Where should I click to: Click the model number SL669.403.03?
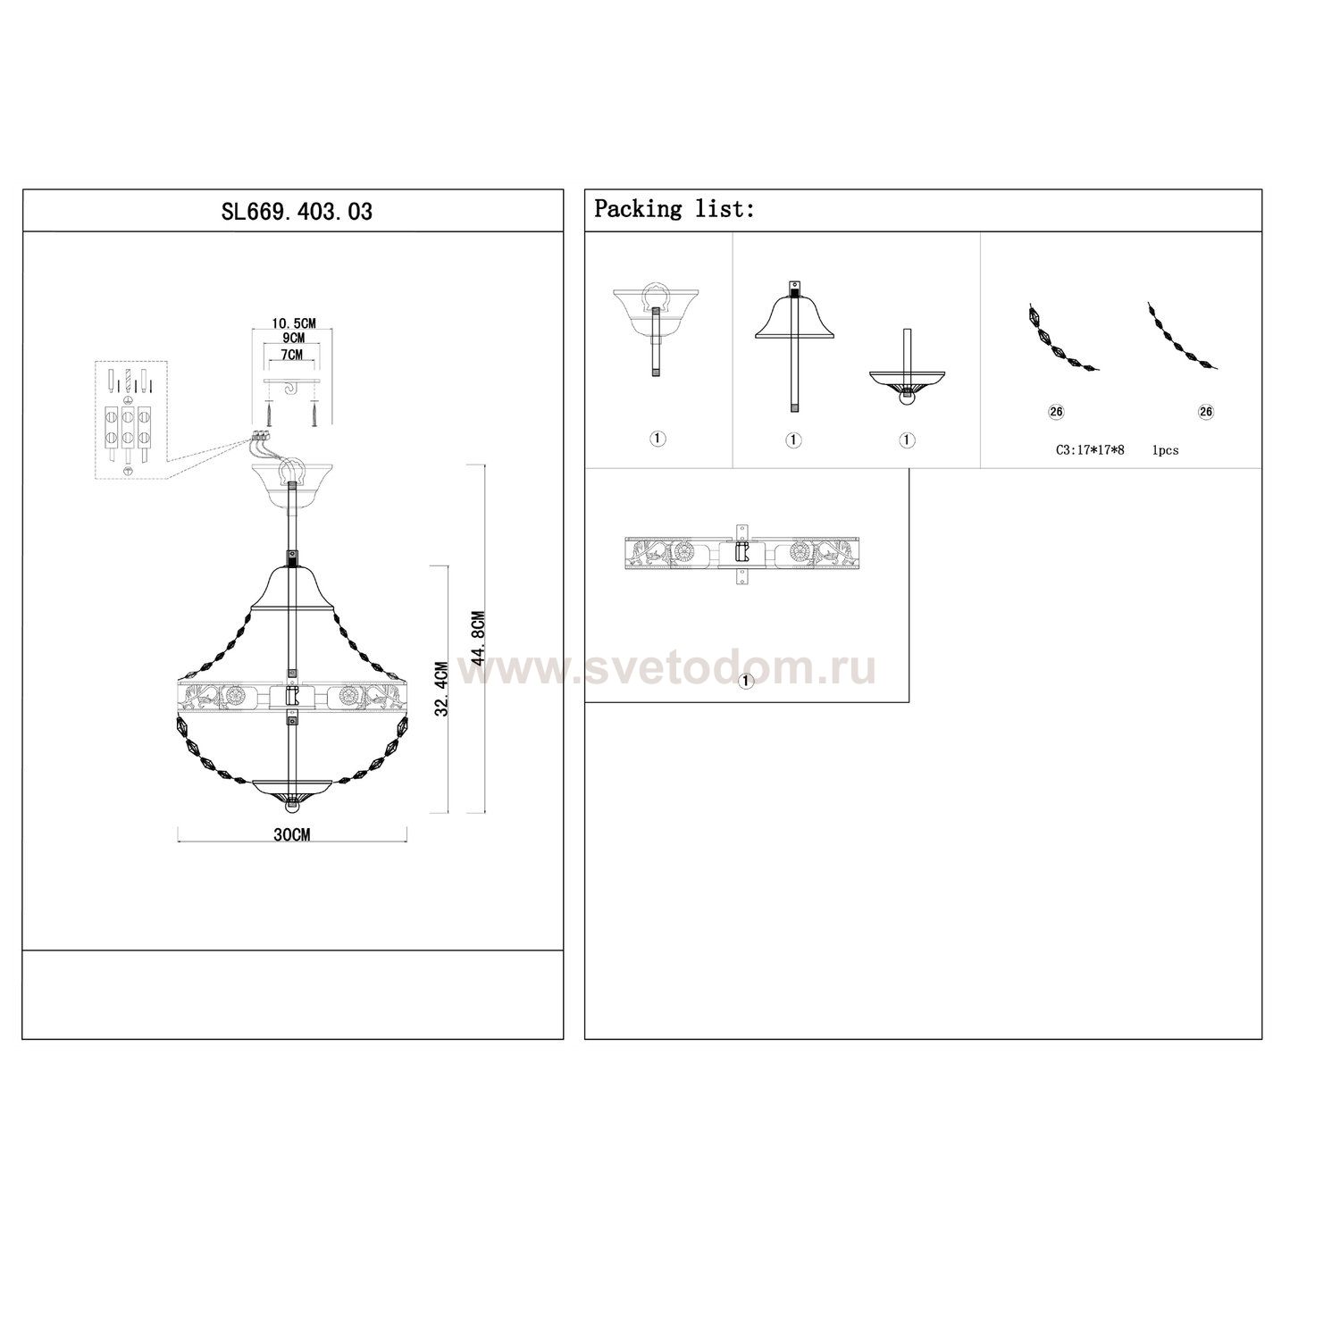coord(297,212)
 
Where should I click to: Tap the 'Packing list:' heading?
coord(674,210)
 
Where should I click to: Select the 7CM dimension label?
coord(292,354)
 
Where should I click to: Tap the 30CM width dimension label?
coord(292,834)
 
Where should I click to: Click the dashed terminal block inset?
coord(130,420)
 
